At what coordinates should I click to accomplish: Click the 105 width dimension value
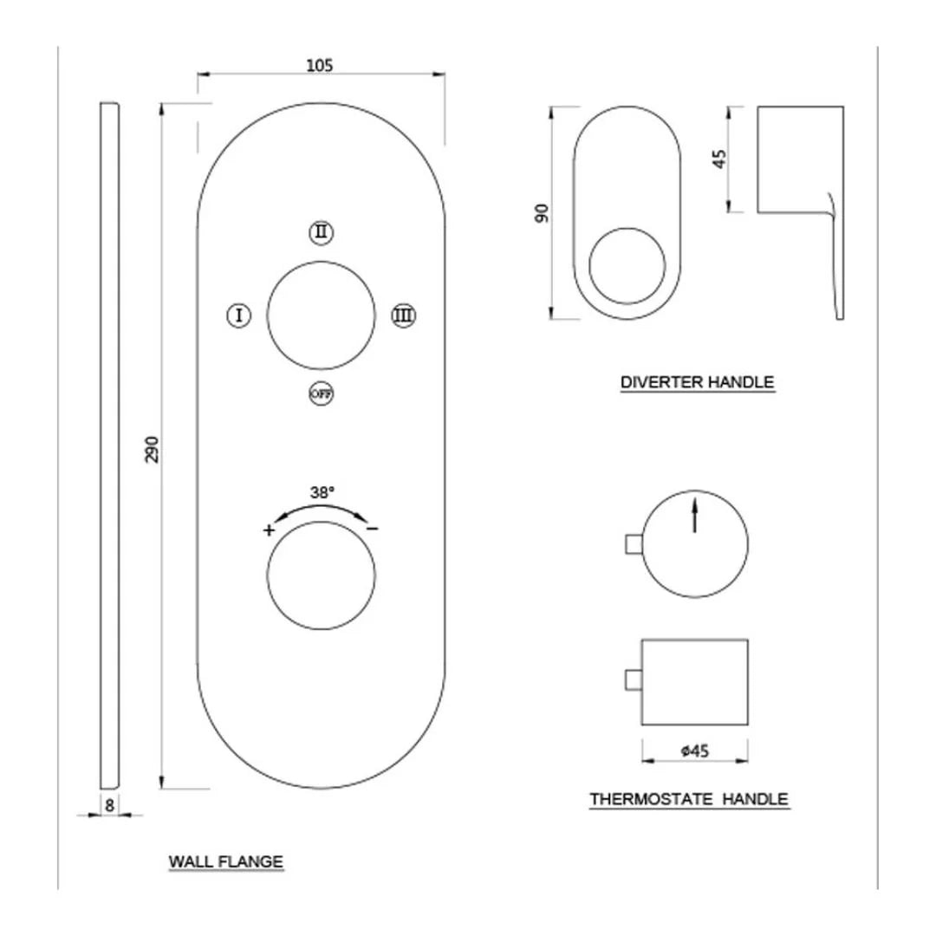(320, 64)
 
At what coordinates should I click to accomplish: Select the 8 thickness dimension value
(109, 804)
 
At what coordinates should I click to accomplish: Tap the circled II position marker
(322, 232)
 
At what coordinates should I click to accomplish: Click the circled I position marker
(238, 315)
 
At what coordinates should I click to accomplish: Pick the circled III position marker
(401, 315)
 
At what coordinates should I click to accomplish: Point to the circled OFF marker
(322, 394)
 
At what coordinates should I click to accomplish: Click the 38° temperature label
(322, 492)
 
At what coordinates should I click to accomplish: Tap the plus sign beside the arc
(270, 530)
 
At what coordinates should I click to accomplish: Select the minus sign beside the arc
(372, 528)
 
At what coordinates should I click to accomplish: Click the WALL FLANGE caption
(225, 861)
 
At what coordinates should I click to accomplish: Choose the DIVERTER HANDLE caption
(697, 381)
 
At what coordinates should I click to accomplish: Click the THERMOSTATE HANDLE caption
(689, 798)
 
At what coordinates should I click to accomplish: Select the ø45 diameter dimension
(695, 752)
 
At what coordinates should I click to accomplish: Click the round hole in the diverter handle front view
(627, 265)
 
